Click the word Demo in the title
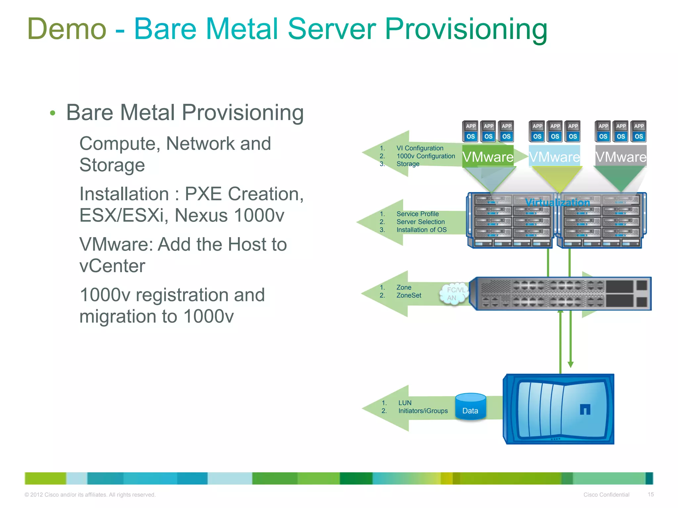point(67,29)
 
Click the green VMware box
point(488,156)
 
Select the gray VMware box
point(621,156)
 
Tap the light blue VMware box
point(554,156)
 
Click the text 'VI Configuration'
point(420,148)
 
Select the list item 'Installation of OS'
point(421,230)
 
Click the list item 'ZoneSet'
point(409,295)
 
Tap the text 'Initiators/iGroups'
point(423,411)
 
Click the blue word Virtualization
point(557,202)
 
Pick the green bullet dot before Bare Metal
point(52,113)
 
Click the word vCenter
point(112,266)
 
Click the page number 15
point(651,494)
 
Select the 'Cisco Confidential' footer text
point(606,495)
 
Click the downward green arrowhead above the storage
point(570,364)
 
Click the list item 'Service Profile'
point(417,214)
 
